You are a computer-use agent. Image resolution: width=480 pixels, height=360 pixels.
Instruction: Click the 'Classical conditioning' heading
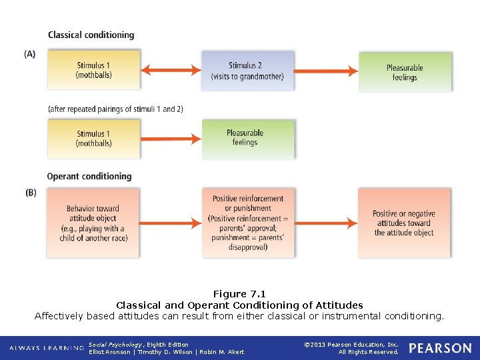pyautogui.click(x=91, y=35)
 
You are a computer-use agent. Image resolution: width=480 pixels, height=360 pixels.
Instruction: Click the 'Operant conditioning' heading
pyautogui.click(x=89, y=177)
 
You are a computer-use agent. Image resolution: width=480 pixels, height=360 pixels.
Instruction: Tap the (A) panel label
pyautogui.click(x=30, y=54)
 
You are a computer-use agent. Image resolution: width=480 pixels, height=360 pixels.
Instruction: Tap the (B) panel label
pyautogui.click(x=31, y=193)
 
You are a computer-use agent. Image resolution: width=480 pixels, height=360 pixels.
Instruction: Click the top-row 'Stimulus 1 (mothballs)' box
pyautogui.click(x=93, y=71)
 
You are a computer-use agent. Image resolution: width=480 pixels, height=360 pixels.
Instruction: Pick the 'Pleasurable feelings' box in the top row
pyautogui.click(x=405, y=72)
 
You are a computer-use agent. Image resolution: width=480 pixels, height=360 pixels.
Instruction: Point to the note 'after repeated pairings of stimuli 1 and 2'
pyautogui.click(x=115, y=109)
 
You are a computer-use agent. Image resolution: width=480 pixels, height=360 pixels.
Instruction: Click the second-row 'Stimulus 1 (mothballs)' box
pyautogui.click(x=93, y=139)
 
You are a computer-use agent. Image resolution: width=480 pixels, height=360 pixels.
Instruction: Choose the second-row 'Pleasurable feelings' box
pyautogui.click(x=245, y=138)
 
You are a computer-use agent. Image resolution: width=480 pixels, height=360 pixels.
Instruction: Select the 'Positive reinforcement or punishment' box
pyautogui.click(x=247, y=223)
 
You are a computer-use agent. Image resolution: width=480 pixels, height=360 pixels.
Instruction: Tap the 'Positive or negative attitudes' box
pyautogui.click(x=404, y=223)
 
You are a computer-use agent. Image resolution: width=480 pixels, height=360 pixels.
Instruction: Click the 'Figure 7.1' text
pyautogui.click(x=239, y=294)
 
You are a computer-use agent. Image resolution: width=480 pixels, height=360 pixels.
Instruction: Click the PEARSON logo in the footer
pyautogui.click(x=439, y=348)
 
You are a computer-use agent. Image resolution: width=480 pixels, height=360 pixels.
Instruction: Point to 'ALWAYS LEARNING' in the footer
pyautogui.click(x=43, y=349)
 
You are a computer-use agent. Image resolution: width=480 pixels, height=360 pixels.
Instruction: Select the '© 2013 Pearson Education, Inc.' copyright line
pyautogui.click(x=351, y=345)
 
